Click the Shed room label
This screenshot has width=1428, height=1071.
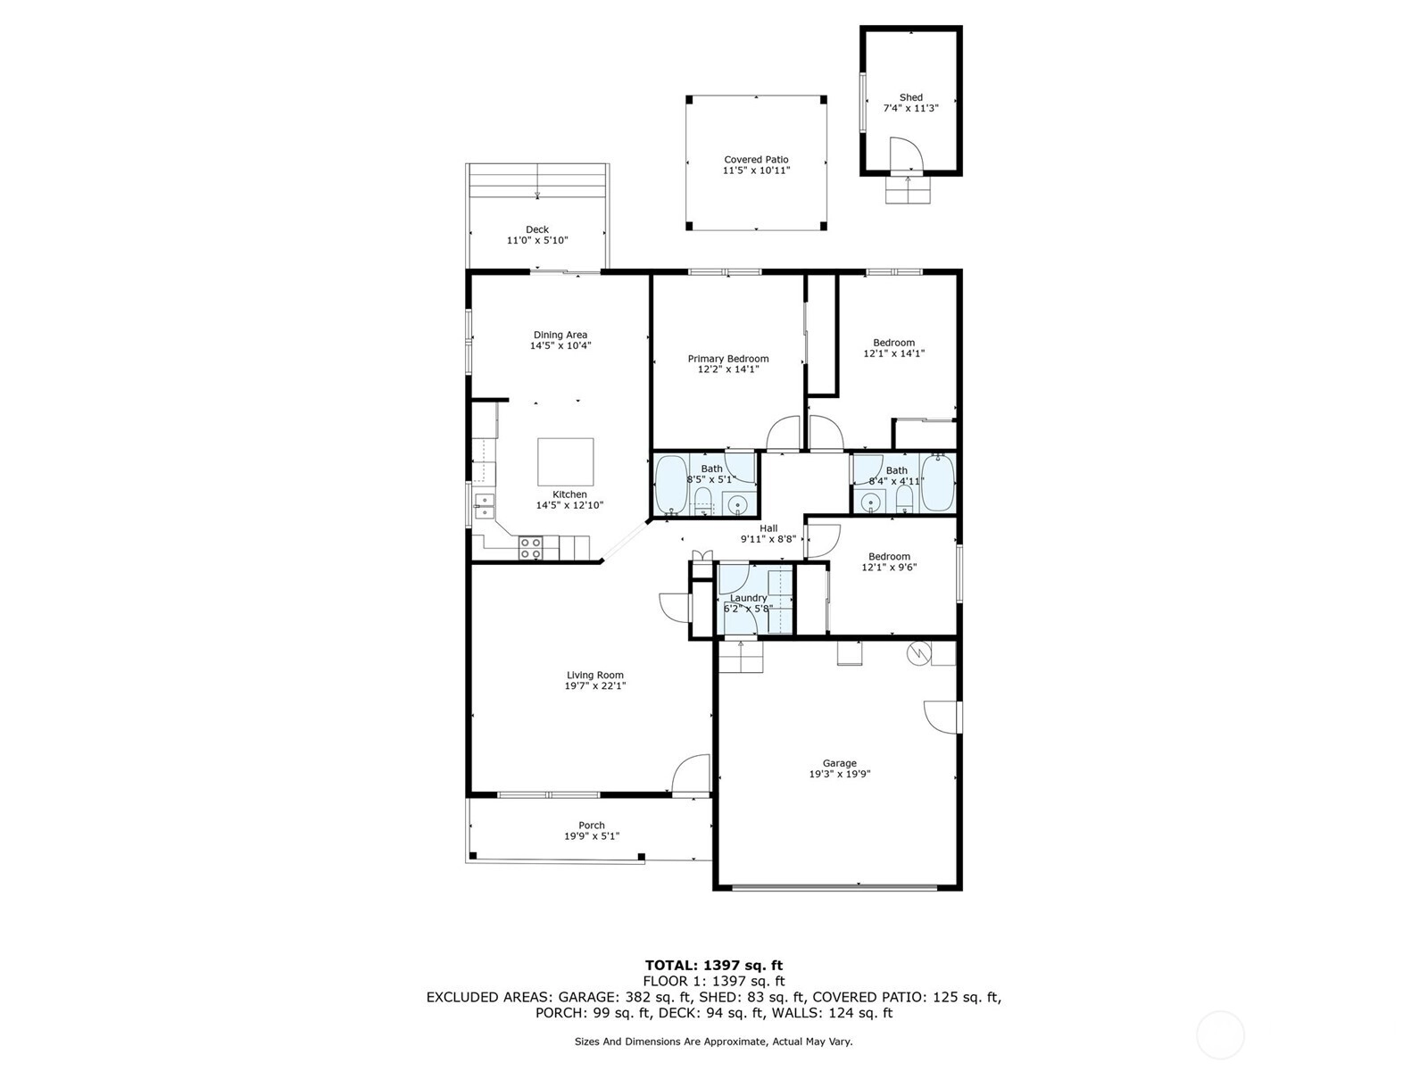[x=911, y=97]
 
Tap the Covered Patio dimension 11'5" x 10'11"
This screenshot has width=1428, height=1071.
[x=756, y=170]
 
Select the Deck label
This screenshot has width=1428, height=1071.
[x=537, y=229]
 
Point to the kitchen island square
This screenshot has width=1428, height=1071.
[x=565, y=461]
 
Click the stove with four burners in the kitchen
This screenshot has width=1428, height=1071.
[x=531, y=547]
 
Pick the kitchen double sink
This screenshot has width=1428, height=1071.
[x=484, y=507]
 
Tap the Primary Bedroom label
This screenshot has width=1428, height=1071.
[x=728, y=358]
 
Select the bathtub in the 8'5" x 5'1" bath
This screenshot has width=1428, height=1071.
[x=671, y=485]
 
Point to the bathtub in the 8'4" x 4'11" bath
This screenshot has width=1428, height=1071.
[x=937, y=483]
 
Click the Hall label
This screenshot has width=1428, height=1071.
[x=768, y=528]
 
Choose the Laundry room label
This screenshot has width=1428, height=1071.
[x=748, y=598]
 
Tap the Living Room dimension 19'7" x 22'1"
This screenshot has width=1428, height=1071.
[x=595, y=685]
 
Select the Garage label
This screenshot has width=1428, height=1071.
[x=839, y=763]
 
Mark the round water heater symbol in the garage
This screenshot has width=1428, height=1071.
[x=919, y=653]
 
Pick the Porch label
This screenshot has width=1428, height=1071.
[x=592, y=826]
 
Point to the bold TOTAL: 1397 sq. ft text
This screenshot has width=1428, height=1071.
[x=714, y=965]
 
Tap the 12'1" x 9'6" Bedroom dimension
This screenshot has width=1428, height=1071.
[x=889, y=567]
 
